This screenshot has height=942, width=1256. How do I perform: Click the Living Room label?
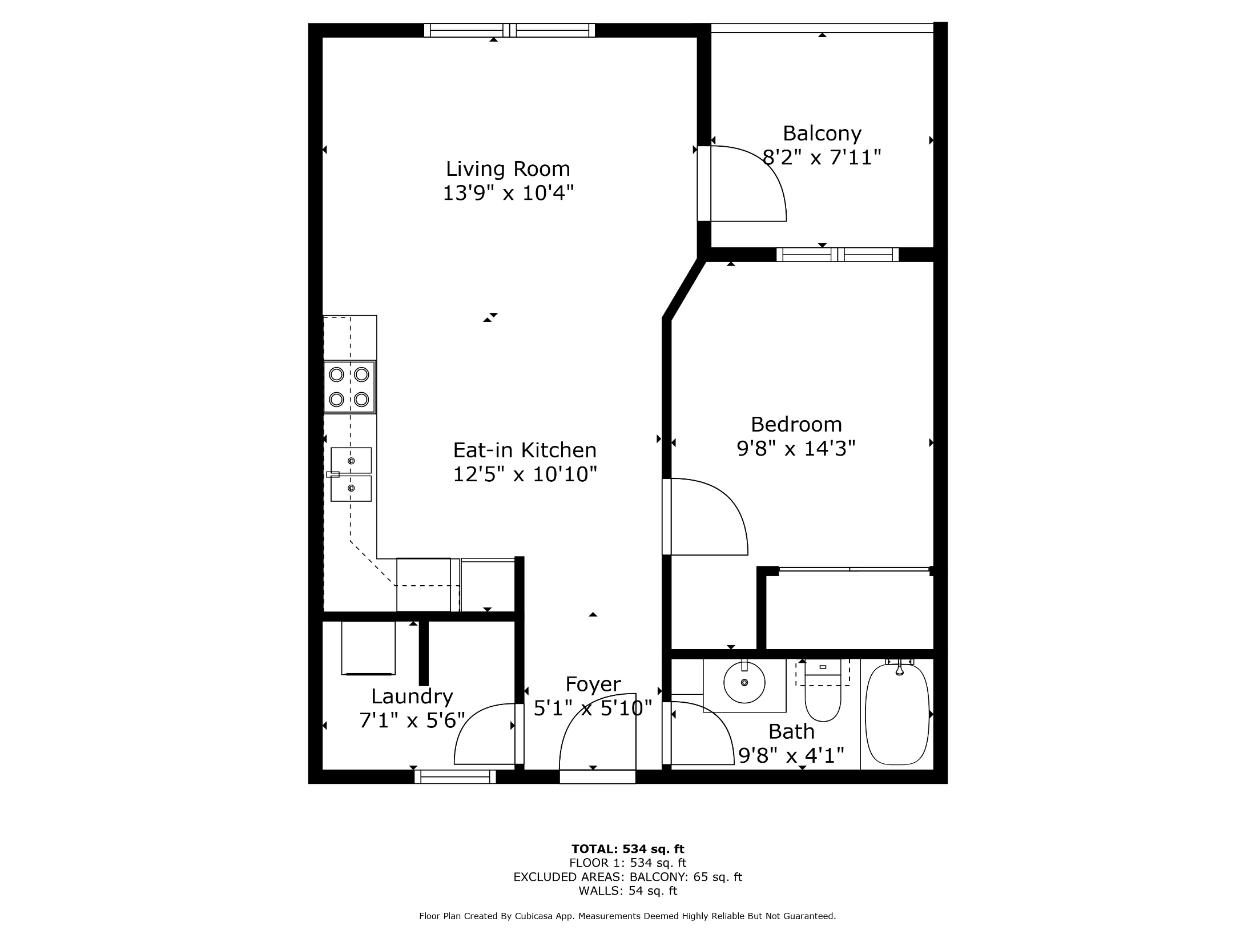(508, 169)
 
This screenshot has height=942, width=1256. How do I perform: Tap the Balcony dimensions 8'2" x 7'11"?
(822, 157)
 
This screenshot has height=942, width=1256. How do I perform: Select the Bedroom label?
(796, 424)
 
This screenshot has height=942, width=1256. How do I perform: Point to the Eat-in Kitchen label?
(525, 450)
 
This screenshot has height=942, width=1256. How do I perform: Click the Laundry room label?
(412, 697)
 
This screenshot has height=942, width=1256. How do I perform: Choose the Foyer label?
(593, 684)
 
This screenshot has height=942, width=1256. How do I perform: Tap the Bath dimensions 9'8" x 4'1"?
(791, 756)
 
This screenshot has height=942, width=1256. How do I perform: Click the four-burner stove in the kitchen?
(349, 387)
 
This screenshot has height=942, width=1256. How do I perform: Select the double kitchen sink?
(350, 474)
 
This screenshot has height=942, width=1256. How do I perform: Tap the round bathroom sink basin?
(744, 682)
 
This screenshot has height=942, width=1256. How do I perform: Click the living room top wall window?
(509, 30)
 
